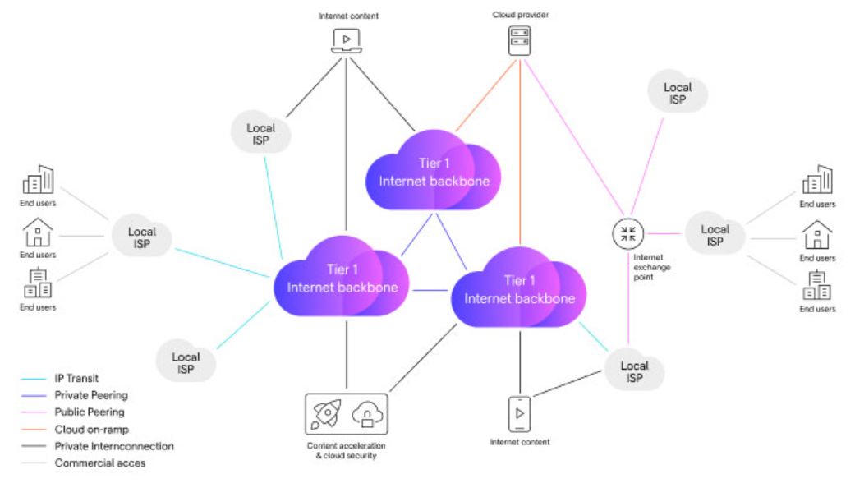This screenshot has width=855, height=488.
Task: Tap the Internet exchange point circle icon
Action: coord(627,233)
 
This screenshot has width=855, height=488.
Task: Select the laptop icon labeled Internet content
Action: coord(347,40)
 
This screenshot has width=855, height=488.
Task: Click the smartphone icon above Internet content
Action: coord(519,414)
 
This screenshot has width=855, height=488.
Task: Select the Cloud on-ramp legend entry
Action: coord(91,430)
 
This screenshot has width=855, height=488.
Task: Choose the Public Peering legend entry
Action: coord(90,412)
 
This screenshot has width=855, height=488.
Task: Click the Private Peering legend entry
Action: coord(91,396)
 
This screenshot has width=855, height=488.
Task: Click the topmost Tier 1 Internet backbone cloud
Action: coord(432,173)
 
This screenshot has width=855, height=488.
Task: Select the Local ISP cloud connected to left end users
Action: coord(142,237)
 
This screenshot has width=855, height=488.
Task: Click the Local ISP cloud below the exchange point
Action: coord(634,371)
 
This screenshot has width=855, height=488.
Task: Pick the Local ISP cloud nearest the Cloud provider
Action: coord(677,93)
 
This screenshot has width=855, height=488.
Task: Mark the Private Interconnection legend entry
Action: coord(114,446)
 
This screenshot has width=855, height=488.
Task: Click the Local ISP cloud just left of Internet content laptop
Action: coord(260,134)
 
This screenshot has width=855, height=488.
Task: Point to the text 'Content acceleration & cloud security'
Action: coord(346,450)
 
